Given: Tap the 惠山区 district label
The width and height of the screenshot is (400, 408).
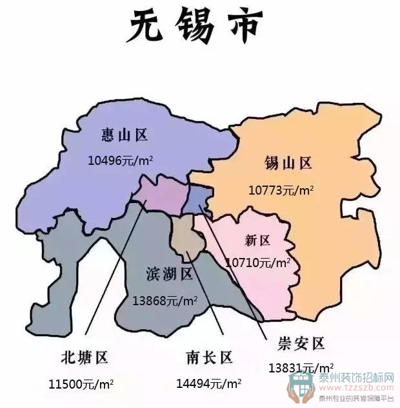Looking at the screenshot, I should [125, 135].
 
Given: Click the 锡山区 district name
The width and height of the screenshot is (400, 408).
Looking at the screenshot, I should [288, 163].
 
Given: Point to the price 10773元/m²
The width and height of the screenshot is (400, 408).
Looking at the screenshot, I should [281, 190].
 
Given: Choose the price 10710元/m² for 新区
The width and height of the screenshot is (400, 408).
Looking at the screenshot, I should [258, 263].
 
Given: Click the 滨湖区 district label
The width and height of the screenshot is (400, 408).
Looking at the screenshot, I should [170, 275].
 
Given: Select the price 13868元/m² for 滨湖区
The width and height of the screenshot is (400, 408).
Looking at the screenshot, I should [165, 301].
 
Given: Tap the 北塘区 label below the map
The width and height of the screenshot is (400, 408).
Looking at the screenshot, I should [84, 358].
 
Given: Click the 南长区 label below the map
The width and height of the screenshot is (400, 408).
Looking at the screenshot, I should [208, 358].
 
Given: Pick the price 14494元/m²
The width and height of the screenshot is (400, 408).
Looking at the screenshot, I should [209, 383].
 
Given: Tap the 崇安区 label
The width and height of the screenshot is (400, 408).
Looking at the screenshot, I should [301, 343].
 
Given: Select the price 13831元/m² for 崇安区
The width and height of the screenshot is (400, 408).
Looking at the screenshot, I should [301, 368].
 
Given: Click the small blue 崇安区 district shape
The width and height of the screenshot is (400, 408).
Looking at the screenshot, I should [196, 199].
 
